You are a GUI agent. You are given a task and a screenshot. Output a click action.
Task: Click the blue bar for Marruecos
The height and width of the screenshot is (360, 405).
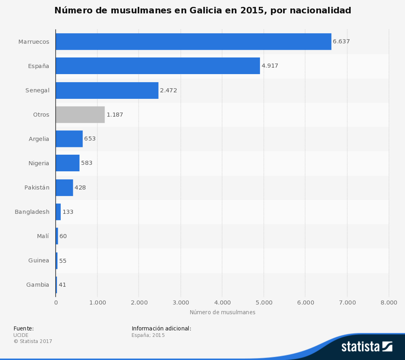(193, 42)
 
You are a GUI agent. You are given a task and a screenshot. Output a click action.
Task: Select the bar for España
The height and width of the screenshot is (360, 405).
(158, 66)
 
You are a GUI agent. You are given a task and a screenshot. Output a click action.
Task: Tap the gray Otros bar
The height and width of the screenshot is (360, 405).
(80, 115)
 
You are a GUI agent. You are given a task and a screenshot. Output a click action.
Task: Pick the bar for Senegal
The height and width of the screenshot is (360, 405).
(107, 90)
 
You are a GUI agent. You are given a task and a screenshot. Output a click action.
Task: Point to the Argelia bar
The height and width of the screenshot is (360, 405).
(69, 139)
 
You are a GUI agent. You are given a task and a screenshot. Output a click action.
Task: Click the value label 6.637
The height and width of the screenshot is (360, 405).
(341, 42)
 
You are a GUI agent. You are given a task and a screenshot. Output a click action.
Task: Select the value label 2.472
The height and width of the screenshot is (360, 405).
(168, 90)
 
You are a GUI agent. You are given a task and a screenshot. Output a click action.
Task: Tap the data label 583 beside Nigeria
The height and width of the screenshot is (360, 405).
(87, 163)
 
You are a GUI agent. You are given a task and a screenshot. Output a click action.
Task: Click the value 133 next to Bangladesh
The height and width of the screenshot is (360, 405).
(68, 212)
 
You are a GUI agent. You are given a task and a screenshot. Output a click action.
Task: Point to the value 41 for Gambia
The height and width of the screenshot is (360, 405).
(62, 285)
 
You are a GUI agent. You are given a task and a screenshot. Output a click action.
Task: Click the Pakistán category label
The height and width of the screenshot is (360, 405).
(37, 187)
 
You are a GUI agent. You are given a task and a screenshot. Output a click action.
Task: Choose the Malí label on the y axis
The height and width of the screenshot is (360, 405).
(43, 236)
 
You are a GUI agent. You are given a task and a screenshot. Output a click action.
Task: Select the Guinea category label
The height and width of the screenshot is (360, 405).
(38, 260)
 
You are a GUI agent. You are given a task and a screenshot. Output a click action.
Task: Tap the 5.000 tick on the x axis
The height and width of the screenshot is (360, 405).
(264, 302)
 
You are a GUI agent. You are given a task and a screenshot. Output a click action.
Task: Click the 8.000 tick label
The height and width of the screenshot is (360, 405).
(389, 302)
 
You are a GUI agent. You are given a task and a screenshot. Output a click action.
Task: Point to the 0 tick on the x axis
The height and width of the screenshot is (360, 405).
(55, 302)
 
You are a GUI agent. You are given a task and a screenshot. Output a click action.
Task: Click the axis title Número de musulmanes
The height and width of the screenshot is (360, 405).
(222, 312)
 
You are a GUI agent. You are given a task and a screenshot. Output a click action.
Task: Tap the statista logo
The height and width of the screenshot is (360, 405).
(367, 346)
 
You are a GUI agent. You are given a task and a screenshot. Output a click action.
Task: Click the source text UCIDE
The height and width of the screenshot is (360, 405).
(21, 335)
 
